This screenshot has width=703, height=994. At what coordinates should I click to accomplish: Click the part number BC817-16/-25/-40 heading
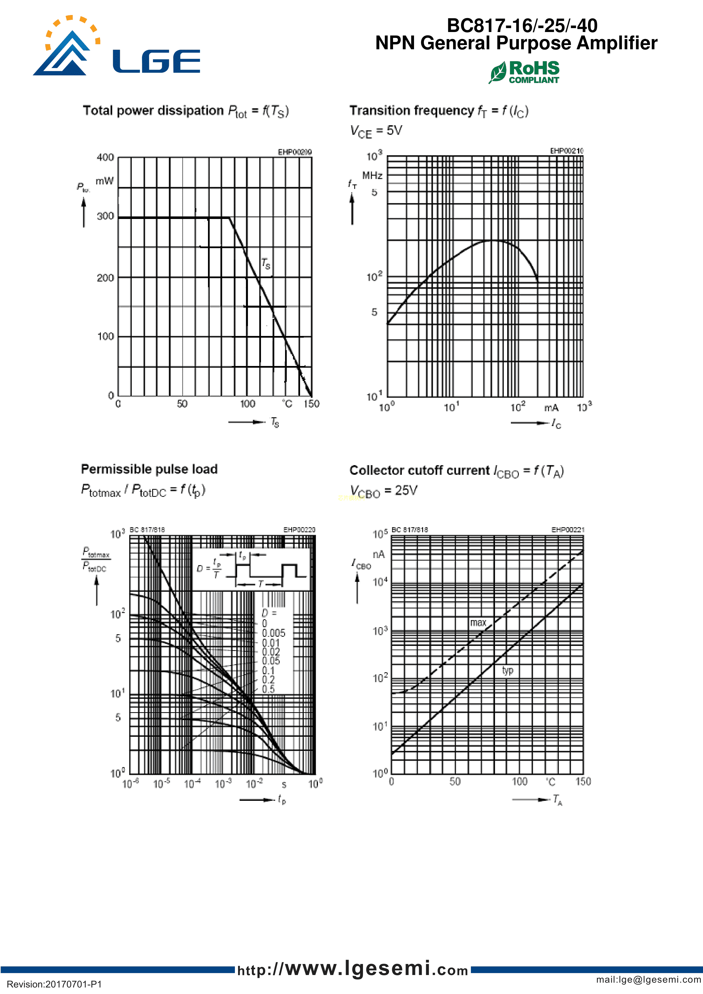522,25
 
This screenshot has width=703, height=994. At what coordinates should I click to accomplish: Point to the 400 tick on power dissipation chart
105,157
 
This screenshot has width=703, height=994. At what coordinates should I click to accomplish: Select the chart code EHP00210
566,151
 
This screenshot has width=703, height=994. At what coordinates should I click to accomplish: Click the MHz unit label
372,176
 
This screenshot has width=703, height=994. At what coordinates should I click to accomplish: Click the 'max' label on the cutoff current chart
478,623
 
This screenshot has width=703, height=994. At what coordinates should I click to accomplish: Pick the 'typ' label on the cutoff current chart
508,671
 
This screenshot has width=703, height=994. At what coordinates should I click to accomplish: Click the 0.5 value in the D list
268,689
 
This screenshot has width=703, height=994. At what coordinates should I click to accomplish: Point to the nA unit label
379,555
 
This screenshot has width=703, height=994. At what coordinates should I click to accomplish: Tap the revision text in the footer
54,984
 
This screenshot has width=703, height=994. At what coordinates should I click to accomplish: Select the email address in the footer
648,980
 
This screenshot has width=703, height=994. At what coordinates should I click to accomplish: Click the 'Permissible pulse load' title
149,469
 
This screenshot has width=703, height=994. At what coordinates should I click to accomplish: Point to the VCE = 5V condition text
376,131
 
